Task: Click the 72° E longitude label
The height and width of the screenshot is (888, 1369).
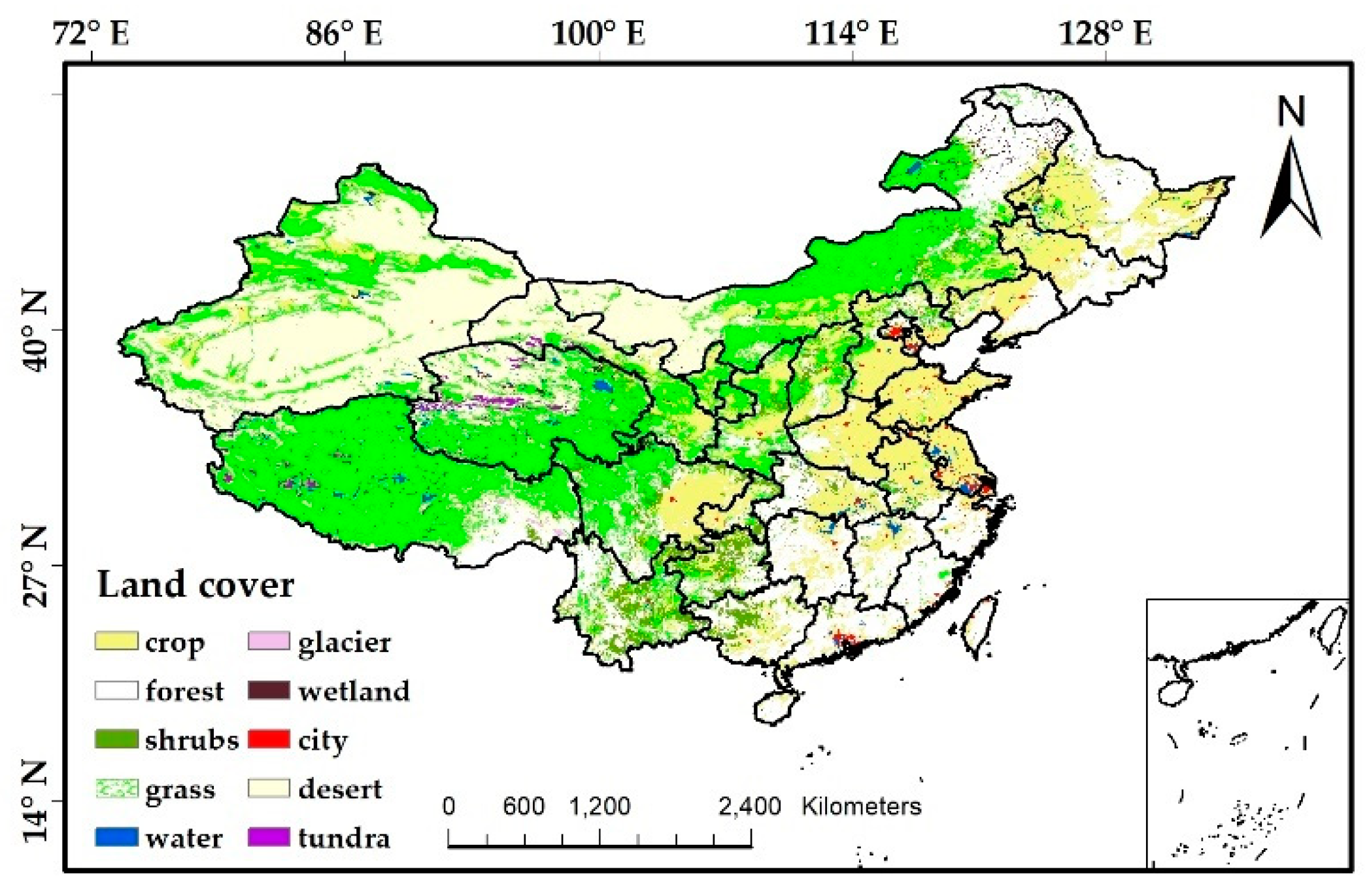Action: click(x=91, y=33)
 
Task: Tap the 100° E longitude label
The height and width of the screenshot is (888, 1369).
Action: click(x=598, y=33)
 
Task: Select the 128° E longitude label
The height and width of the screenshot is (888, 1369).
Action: click(x=1105, y=33)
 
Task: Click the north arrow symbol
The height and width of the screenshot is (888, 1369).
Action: click(x=1291, y=190)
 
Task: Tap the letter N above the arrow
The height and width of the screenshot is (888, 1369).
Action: click(x=1291, y=112)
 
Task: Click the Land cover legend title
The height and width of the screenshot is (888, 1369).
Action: click(x=195, y=585)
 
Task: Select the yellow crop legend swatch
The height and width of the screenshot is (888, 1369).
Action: click(x=116, y=641)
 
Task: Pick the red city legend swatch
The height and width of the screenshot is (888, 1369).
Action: click(x=269, y=739)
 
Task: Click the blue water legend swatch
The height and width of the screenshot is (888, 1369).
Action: click(x=116, y=837)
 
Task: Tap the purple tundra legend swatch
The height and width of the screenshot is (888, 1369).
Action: click(x=269, y=837)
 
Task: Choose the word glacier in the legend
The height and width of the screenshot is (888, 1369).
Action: click(x=345, y=642)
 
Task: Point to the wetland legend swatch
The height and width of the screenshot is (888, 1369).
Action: click(x=269, y=691)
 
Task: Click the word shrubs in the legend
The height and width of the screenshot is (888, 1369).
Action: click(x=192, y=740)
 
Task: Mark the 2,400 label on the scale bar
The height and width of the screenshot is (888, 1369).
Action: click(x=749, y=806)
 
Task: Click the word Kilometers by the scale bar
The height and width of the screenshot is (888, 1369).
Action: click(x=861, y=806)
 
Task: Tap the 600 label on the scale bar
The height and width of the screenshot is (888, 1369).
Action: click(x=523, y=806)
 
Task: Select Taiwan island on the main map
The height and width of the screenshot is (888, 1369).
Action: click(x=981, y=624)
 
